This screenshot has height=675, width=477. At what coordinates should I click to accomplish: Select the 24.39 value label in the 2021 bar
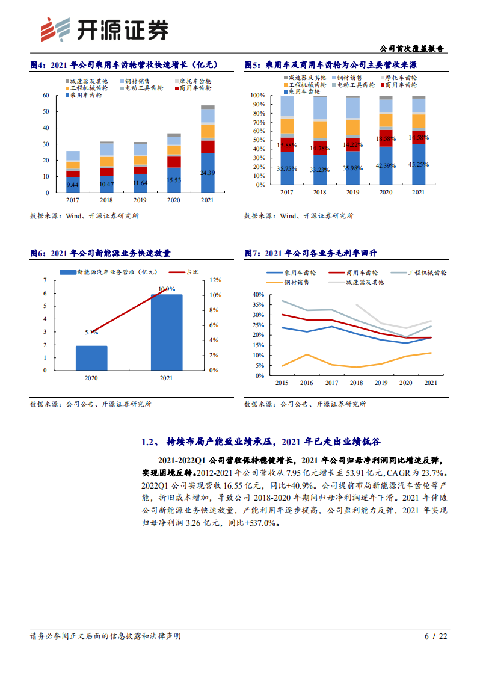[x=208, y=173]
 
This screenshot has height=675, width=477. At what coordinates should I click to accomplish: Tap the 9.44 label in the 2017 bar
[x=73, y=185]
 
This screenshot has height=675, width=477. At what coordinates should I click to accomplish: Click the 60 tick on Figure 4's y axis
[x=45, y=96]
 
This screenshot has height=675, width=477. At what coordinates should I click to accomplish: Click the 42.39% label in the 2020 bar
[x=386, y=166]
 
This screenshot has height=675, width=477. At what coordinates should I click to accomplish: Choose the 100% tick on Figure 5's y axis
[x=257, y=96]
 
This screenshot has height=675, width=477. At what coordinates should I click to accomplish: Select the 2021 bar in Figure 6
[x=166, y=332]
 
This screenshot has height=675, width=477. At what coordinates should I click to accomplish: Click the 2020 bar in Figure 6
[x=91, y=358]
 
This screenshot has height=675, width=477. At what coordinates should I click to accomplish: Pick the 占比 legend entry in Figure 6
[x=185, y=272]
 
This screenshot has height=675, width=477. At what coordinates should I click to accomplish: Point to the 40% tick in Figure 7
[x=257, y=295]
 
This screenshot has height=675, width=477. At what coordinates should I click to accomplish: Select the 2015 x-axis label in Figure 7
[x=281, y=383]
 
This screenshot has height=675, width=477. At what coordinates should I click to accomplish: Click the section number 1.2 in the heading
[x=149, y=442]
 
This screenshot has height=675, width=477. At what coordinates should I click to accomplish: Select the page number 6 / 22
[x=436, y=636]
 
